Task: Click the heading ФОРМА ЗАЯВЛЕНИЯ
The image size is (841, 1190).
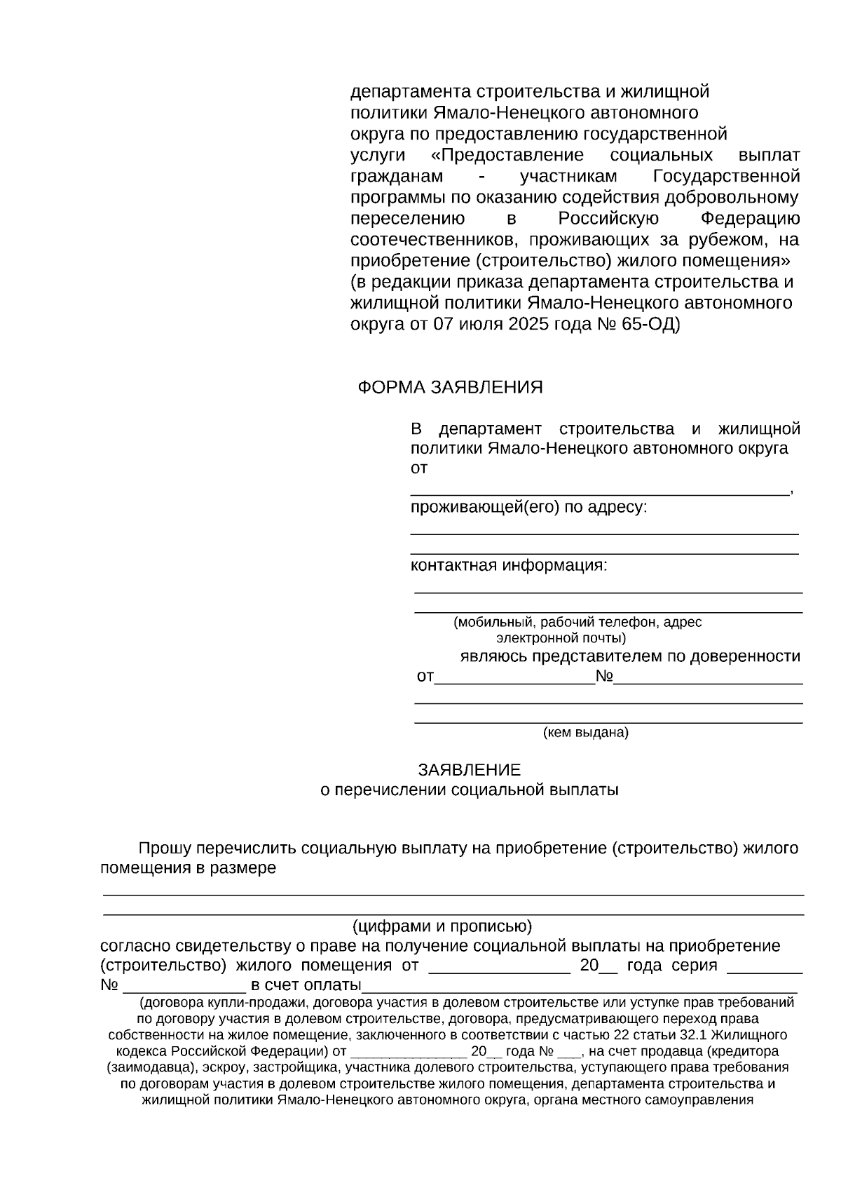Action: tap(450, 388)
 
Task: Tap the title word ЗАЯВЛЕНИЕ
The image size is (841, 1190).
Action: tap(469, 770)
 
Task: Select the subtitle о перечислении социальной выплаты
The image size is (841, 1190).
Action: tap(469, 790)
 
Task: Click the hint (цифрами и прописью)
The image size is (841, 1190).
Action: tap(442, 925)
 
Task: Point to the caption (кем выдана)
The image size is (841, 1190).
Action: tap(586, 733)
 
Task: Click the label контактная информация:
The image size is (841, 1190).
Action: tap(509, 565)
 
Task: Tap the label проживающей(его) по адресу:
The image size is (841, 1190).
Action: tap(528, 507)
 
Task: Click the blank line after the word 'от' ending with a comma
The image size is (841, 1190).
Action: tap(599, 490)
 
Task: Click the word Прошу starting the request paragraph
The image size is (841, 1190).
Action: tap(165, 848)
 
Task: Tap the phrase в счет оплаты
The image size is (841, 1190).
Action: tap(306, 985)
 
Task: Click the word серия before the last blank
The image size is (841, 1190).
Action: tap(694, 965)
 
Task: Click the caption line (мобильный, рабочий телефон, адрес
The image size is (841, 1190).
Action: tap(577, 622)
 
